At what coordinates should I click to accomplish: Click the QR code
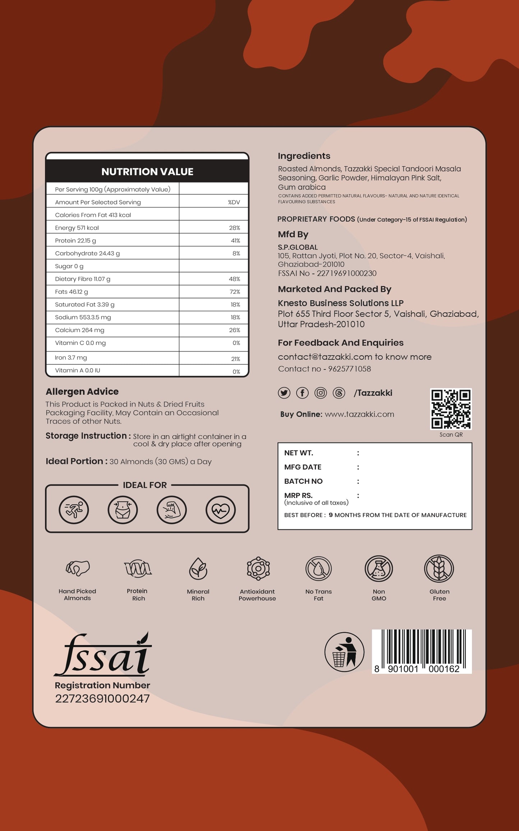451,409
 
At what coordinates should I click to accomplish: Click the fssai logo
103,655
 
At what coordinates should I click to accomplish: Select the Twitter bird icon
284,393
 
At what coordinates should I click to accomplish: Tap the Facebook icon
302,393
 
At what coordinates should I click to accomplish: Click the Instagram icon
321,393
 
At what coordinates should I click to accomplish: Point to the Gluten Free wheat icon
439,569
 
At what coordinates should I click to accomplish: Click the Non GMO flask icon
379,569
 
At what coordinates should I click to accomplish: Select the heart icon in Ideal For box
221,510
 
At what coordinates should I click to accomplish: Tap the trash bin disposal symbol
344,652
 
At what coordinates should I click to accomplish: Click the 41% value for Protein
236,240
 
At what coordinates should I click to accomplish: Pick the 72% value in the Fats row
235,291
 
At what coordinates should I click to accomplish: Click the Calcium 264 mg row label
80,330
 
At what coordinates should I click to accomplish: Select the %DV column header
234,202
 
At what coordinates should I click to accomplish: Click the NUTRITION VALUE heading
147,172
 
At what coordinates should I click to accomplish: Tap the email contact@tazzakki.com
325,357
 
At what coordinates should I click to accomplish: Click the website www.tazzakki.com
359,414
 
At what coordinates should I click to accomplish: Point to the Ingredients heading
304,156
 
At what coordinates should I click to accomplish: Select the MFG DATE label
303,467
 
